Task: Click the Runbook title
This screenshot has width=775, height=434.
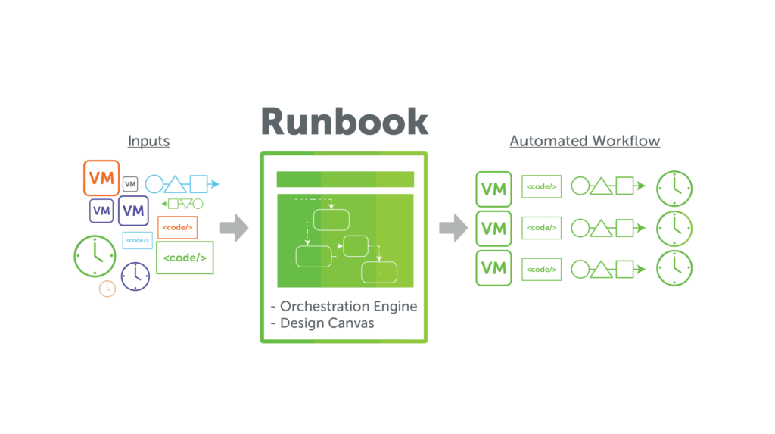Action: point(344,121)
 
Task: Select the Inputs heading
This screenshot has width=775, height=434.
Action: point(148,141)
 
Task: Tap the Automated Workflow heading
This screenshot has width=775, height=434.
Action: point(584,141)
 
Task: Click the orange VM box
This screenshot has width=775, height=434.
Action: point(101,178)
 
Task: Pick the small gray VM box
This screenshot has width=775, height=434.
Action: point(130,184)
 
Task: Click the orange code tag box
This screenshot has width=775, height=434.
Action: point(177,227)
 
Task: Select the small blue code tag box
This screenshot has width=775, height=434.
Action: point(138,240)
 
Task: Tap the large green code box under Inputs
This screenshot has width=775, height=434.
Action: point(185,258)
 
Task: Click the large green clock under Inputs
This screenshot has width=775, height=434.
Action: point(95,254)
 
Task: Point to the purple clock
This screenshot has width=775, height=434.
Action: point(135,276)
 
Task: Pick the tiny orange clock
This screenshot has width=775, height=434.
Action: point(107,288)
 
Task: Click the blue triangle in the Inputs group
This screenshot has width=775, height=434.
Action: point(176,184)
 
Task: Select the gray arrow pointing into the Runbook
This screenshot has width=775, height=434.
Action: point(235,228)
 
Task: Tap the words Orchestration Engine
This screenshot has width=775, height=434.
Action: point(348,307)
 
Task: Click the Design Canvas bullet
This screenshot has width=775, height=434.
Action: point(322,323)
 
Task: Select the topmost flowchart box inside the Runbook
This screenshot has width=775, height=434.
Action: point(331,219)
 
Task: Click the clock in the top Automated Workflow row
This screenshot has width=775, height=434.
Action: point(674,189)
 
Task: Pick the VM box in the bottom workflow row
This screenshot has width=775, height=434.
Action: point(494,268)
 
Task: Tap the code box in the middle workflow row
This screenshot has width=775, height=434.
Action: point(541,228)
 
